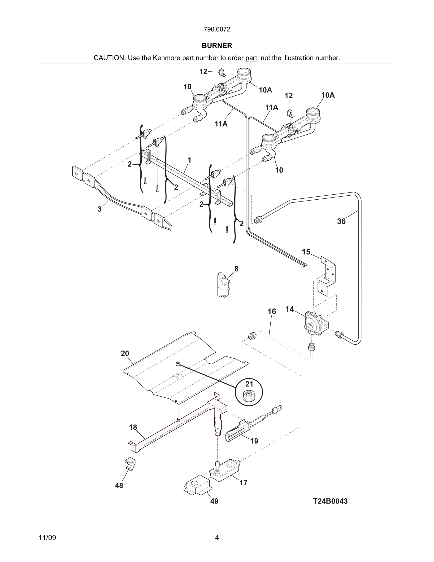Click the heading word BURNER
pos(217,46)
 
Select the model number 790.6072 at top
pos(217,29)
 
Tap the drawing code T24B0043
pos(330,501)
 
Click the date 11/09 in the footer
pos(47,538)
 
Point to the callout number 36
pos(341,221)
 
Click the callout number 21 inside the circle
pos(249,384)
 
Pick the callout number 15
pos(306,252)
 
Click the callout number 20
pos(125,354)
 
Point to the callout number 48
pos(119,486)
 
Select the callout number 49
pos(214,501)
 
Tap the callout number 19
pos(254,441)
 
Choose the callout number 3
pos(100,209)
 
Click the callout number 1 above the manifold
pos(190,160)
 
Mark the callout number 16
pos(272,312)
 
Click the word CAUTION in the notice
pos(109,58)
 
